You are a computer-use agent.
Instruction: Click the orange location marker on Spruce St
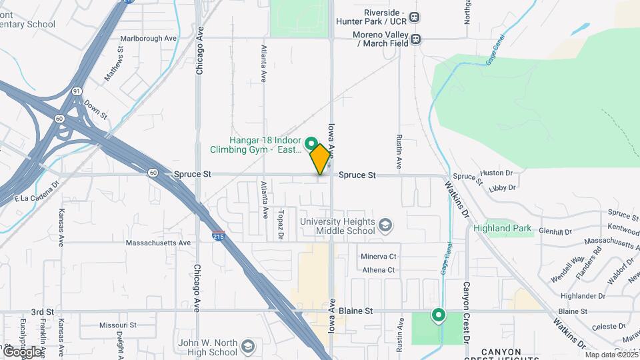(321, 159)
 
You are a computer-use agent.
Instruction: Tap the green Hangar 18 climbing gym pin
(311, 143)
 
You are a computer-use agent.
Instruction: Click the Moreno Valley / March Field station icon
(416, 39)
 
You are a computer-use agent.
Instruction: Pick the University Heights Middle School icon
(385, 225)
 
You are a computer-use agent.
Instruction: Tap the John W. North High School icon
(248, 347)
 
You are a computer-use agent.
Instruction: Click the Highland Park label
(503, 228)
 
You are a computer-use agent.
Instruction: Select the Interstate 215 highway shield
(218, 235)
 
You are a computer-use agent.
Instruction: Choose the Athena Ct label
(379, 270)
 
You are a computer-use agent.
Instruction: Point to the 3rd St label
(42, 311)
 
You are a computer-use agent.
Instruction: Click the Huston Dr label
(496, 173)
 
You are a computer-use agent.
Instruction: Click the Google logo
(21, 352)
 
